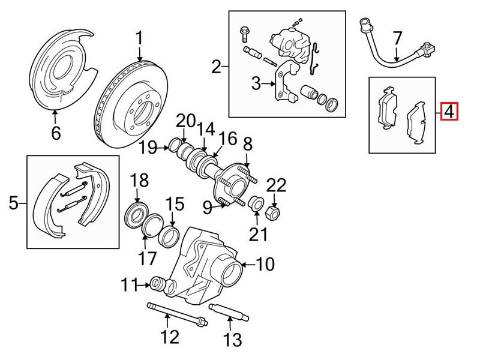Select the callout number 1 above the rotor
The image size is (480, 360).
(x=139, y=39)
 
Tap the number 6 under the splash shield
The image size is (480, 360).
(x=56, y=132)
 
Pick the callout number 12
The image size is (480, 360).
(x=170, y=337)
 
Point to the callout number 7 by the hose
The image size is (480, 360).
(x=397, y=39)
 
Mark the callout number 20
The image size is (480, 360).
(x=187, y=121)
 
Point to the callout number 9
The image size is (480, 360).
(x=207, y=208)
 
